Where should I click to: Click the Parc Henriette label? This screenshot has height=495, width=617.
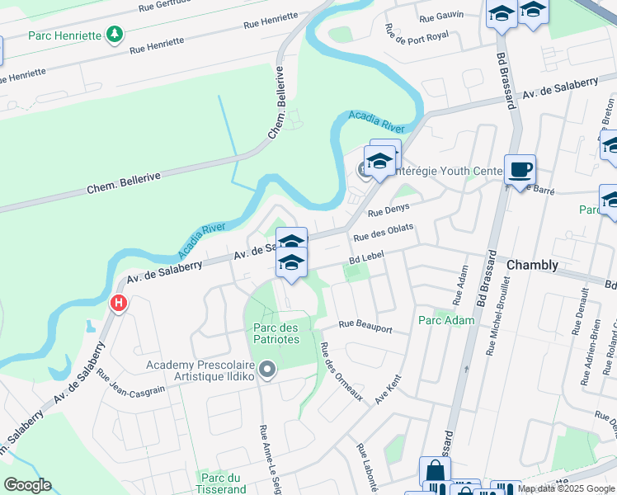(66, 35)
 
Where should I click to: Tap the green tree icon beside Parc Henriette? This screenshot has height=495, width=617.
(116, 35)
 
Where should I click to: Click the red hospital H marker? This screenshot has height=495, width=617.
(119, 304)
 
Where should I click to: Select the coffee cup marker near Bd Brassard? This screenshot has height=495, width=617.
(520, 170)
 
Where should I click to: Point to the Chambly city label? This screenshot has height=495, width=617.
(532, 265)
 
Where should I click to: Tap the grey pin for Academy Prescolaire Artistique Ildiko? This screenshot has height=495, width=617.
(266, 370)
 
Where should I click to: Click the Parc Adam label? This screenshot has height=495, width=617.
(446, 320)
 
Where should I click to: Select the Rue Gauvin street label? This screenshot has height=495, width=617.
(441, 16)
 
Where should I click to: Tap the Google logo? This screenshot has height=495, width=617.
(27, 484)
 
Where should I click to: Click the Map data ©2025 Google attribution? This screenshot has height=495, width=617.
(566, 488)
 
